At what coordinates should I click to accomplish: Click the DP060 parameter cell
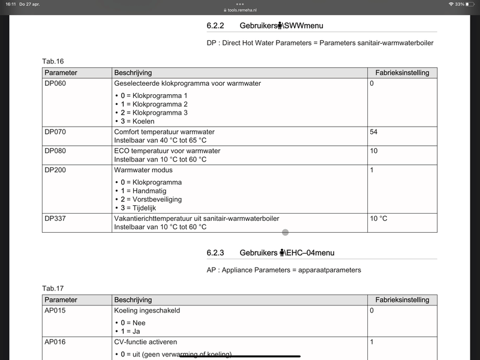[55, 83]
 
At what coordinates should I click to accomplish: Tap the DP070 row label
[55, 131]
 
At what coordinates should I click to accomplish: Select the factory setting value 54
[373, 131]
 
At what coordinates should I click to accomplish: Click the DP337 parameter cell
[55, 218]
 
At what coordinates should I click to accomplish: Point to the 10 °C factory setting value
[378, 218]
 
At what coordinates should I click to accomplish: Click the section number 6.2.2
[215, 26]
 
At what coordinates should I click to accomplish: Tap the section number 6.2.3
[215, 253]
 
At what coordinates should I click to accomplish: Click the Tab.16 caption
[53, 61]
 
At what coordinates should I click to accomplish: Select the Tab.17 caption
[53, 289]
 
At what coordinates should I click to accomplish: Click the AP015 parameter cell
[55, 311]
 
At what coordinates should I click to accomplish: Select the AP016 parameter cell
[55, 341]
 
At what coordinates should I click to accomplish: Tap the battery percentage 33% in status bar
[460, 4]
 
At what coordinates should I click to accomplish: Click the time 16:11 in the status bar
[11, 4]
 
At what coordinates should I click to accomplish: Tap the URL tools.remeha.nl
[241, 10]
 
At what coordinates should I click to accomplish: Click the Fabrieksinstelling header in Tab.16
[402, 73]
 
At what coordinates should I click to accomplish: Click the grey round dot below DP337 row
[285, 232]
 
